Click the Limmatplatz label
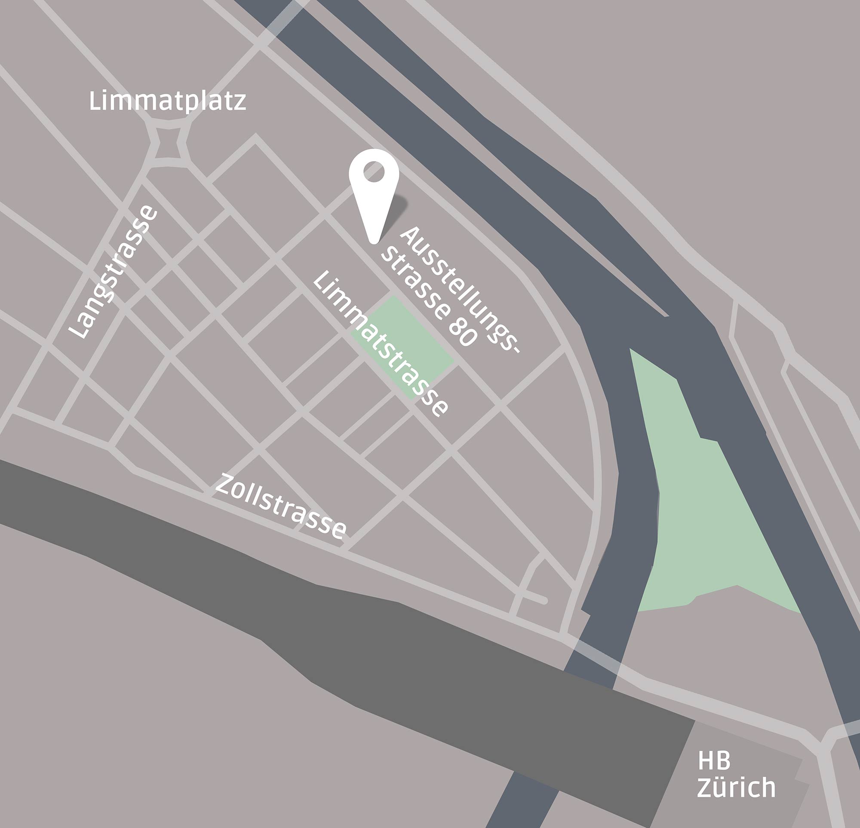click(167, 101)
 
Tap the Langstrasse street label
click(113, 272)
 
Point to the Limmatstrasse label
click(381, 343)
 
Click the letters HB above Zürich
click(714, 761)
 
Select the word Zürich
click(736, 788)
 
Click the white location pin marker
click(374, 184)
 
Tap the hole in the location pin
click(374, 171)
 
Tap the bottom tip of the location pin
click(374, 240)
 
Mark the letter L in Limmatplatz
click(95, 101)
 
